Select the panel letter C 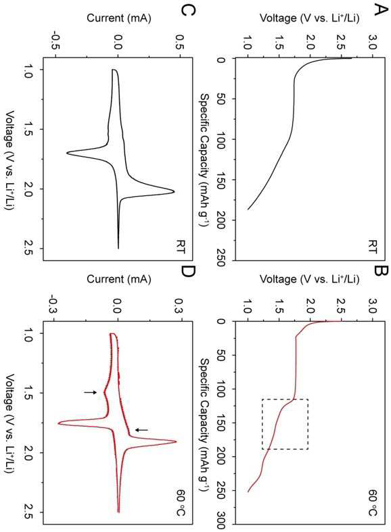(187, 11)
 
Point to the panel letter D (187, 272)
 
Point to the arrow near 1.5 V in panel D (90, 392)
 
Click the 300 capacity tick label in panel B (221, 523)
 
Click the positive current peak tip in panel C (174, 192)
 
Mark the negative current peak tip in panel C (66, 153)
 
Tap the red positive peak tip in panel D (177, 441)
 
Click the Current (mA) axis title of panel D (119, 279)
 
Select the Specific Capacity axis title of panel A (206, 160)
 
